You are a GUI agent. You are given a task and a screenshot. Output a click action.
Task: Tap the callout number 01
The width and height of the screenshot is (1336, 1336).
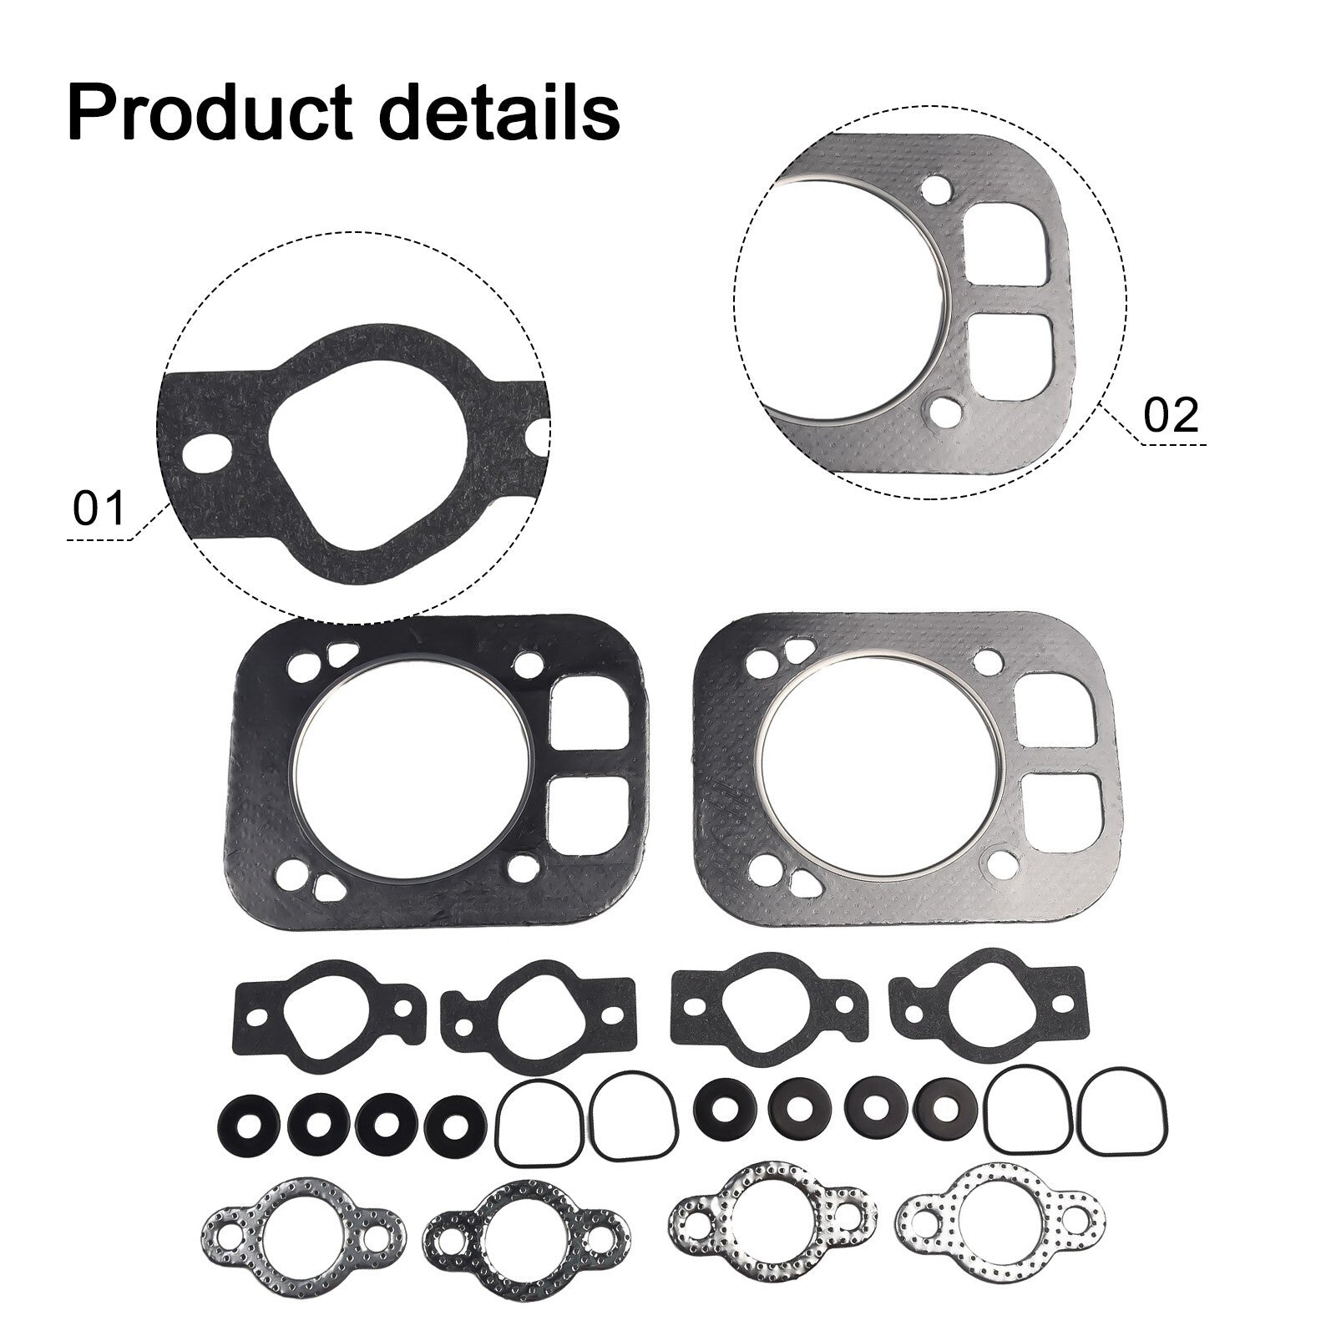point(99,509)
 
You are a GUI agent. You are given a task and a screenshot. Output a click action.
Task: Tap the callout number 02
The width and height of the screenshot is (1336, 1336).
point(1171,415)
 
